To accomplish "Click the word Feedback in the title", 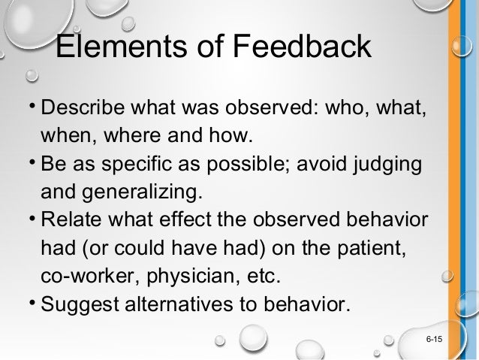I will pos(300,47).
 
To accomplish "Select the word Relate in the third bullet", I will pos(71,220).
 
